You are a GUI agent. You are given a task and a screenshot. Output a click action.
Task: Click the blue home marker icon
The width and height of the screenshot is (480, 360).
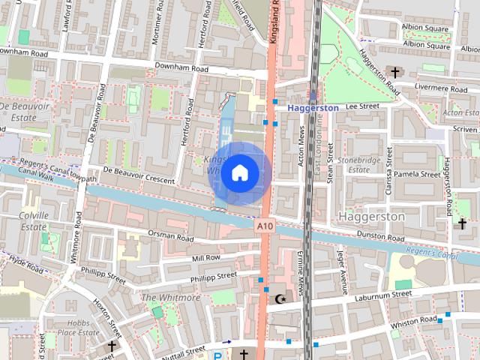[x=239, y=173]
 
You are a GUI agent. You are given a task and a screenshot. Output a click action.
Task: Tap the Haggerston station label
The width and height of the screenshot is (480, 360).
[x=314, y=108]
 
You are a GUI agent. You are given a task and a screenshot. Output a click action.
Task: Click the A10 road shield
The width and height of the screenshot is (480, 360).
[x=265, y=226]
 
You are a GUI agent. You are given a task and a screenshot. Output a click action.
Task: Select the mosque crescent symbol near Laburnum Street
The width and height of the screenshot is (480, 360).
[x=281, y=299]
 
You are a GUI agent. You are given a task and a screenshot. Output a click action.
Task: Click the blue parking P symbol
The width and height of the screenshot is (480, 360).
[x=217, y=356]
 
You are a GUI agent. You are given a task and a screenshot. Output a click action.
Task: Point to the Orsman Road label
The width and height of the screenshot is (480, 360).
[x=170, y=237]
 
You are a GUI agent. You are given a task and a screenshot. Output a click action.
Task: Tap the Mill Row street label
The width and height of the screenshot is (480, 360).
[x=206, y=258]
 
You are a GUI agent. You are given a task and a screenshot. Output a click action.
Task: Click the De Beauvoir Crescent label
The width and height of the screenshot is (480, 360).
[x=139, y=175]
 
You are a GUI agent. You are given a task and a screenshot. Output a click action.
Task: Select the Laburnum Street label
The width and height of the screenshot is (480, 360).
[x=382, y=295]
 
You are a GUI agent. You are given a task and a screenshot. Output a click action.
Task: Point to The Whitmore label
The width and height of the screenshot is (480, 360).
[x=171, y=298]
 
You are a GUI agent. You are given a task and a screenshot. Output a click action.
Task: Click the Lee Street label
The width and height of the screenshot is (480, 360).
[x=363, y=107]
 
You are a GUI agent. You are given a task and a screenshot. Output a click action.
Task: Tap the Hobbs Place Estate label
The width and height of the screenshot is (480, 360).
[x=79, y=327]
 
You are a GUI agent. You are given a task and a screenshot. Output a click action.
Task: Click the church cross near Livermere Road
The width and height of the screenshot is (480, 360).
[x=395, y=73]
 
